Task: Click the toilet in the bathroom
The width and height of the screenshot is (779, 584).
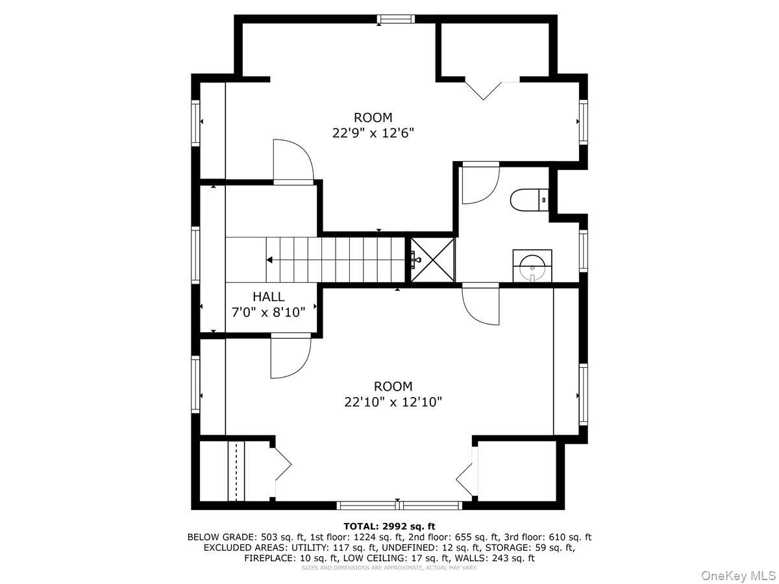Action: (529, 201)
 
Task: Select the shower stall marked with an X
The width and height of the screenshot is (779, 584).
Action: (432, 260)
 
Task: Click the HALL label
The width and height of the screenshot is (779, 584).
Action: (268, 297)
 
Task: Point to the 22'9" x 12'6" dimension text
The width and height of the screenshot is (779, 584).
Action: (373, 133)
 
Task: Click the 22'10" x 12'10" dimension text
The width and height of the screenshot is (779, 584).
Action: (393, 402)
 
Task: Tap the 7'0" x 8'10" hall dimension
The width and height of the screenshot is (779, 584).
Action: (268, 312)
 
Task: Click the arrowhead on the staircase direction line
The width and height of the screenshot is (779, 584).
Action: (269, 260)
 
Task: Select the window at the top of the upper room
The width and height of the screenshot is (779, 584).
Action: (395, 19)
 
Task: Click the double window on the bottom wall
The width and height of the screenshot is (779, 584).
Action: (399, 505)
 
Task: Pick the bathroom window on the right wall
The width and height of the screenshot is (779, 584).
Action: (584, 251)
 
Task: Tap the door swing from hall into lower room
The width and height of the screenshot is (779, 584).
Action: (291, 356)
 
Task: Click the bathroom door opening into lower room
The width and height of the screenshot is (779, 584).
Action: (480, 304)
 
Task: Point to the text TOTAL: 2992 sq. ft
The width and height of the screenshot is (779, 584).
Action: (389, 526)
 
